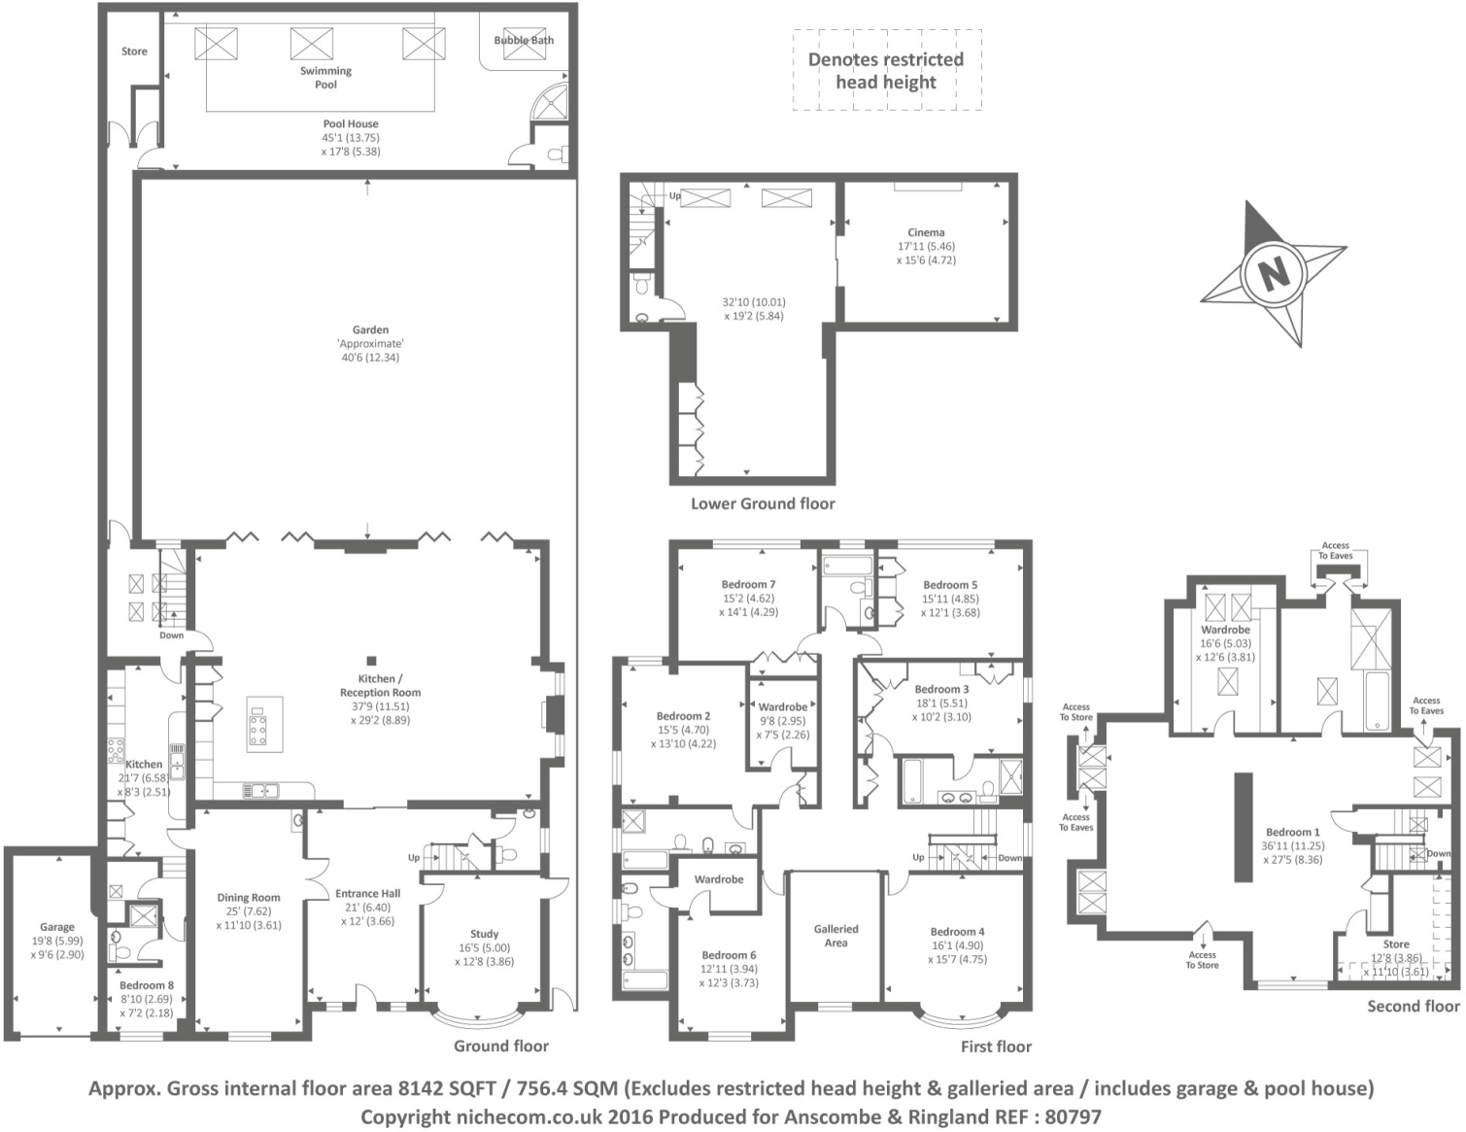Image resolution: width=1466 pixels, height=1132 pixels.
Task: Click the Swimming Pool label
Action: [x=325, y=78]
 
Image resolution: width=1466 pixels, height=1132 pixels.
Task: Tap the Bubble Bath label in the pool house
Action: [x=524, y=41]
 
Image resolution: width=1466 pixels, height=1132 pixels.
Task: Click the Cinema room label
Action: [x=926, y=232]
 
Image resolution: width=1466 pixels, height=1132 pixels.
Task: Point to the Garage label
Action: [x=57, y=927]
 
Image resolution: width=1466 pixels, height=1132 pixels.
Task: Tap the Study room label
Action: [x=484, y=934]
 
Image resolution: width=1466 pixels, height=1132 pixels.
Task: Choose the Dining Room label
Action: [x=249, y=898]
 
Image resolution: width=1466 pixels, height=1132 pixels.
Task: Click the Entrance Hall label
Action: [x=367, y=894]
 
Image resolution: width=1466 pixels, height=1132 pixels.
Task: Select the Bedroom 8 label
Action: [x=147, y=985]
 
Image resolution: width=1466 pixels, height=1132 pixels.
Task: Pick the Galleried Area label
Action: [x=835, y=936]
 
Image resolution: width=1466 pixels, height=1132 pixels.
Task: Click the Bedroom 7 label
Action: [x=748, y=585]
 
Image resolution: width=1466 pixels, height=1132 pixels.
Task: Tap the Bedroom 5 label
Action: [x=950, y=585]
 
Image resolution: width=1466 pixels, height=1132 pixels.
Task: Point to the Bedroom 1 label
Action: [x=1292, y=832]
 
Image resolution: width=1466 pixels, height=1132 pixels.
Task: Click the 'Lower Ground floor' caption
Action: [x=763, y=503]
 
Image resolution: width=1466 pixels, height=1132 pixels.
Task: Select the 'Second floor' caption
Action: [x=1413, y=1006]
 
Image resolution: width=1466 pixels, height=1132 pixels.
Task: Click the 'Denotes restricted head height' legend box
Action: [x=886, y=70]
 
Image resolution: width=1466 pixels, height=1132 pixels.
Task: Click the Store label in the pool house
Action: [x=134, y=51]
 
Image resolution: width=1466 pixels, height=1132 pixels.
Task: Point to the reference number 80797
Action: [x=1073, y=1117]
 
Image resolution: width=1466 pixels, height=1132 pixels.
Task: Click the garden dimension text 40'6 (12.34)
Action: [x=370, y=358]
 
